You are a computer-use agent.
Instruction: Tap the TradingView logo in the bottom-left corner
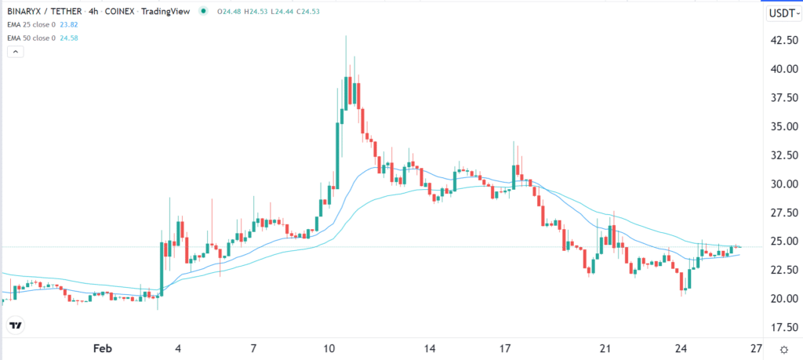14,325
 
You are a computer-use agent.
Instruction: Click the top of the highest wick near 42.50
346,35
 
